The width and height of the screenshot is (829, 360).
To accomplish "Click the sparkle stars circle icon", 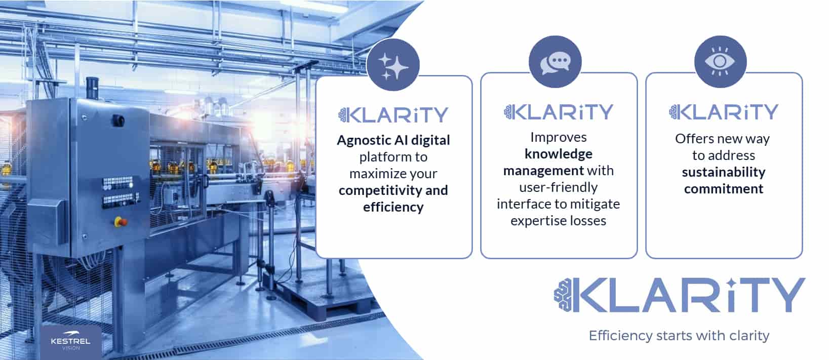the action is [x=393, y=65].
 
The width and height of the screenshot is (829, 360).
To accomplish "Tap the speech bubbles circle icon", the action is [x=555, y=61].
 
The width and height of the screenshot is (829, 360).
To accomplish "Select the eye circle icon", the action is [x=720, y=61].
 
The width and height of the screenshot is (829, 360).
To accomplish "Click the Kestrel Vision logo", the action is [x=71, y=343].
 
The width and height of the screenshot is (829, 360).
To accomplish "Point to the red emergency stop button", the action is [x=121, y=222].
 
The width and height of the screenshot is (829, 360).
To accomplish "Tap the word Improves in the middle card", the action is [x=559, y=138].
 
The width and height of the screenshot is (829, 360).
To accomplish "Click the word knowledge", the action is [x=559, y=154].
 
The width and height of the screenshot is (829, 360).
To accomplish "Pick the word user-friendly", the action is [x=558, y=187].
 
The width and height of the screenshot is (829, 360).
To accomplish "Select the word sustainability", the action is [x=724, y=173].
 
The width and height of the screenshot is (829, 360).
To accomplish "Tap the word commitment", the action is [x=724, y=189].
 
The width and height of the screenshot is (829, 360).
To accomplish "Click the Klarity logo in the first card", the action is [x=393, y=115].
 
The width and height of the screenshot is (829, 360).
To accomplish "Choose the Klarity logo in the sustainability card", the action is [x=724, y=112].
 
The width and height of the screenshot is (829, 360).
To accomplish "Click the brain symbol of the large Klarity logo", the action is [x=563, y=295].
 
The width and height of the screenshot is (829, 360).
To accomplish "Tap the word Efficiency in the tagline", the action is [x=621, y=336].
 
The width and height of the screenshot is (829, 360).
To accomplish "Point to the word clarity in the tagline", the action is [x=749, y=336].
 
